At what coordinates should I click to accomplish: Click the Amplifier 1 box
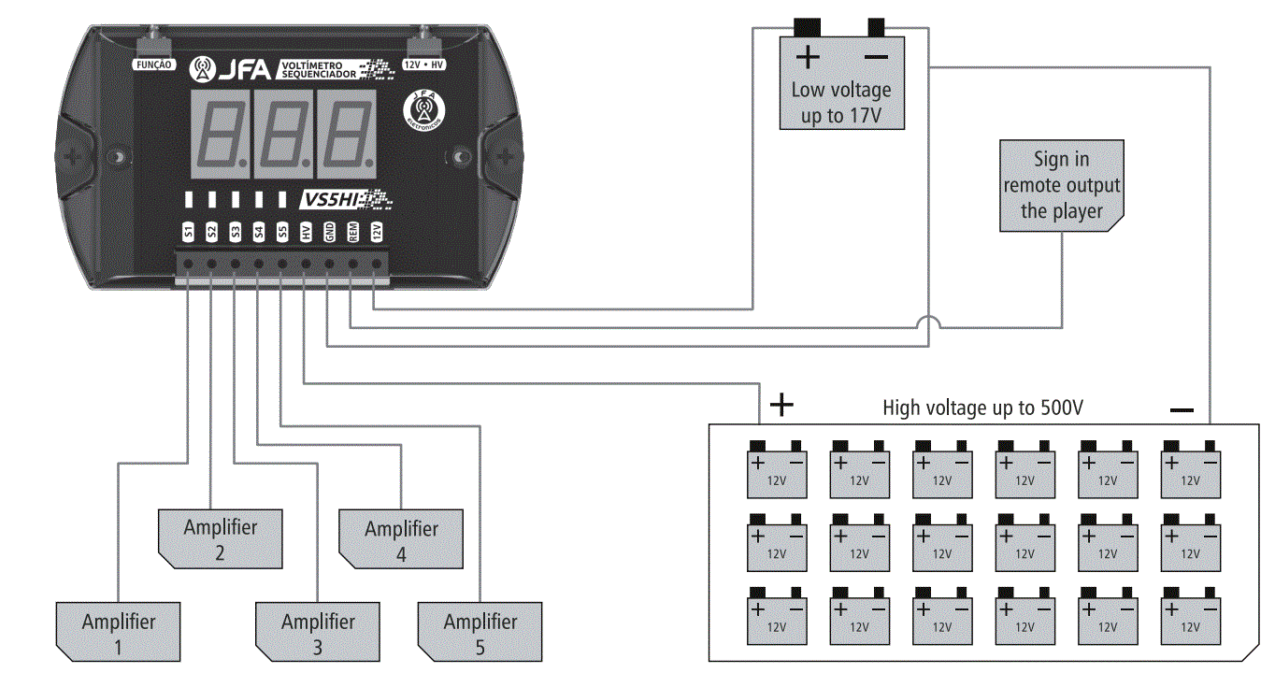118,633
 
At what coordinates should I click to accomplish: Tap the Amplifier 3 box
318,633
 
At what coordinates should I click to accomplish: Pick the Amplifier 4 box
401,539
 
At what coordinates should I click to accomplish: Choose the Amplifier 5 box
480,633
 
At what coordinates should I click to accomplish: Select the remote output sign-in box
1061,185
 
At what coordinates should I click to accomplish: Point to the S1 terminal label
188,232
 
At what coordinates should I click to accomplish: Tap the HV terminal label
306,232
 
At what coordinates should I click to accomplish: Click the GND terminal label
329,232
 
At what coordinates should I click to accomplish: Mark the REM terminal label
353,232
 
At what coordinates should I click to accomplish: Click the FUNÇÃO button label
152,65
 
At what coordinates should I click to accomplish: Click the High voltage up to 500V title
982,408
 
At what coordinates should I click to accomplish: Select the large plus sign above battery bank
781,404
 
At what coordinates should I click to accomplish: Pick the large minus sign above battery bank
1182,409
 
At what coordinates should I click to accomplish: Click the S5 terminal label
282,232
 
